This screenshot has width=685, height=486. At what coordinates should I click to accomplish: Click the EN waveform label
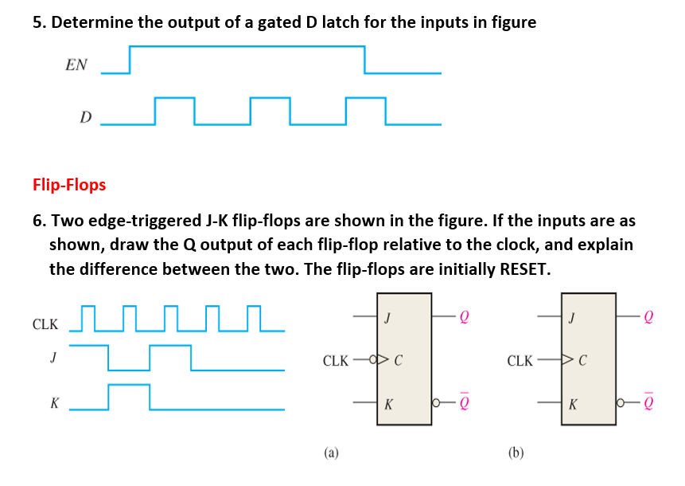[76, 65]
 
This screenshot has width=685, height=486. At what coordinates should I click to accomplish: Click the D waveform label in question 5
[85, 118]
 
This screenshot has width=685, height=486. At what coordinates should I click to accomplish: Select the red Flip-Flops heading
[69, 185]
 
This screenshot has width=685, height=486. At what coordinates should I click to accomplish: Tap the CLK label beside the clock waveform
[45, 324]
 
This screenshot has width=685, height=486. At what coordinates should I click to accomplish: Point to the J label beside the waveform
[53, 358]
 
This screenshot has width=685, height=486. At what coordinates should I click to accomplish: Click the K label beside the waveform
[53, 403]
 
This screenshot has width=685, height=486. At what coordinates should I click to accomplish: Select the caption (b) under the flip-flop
[516, 453]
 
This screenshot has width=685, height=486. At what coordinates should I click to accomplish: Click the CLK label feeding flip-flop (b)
[520, 361]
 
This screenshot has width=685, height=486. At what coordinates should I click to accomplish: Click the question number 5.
[37, 22]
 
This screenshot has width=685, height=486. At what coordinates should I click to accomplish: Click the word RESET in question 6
[520, 268]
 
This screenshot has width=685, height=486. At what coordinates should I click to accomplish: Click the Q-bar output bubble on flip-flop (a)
[437, 402]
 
